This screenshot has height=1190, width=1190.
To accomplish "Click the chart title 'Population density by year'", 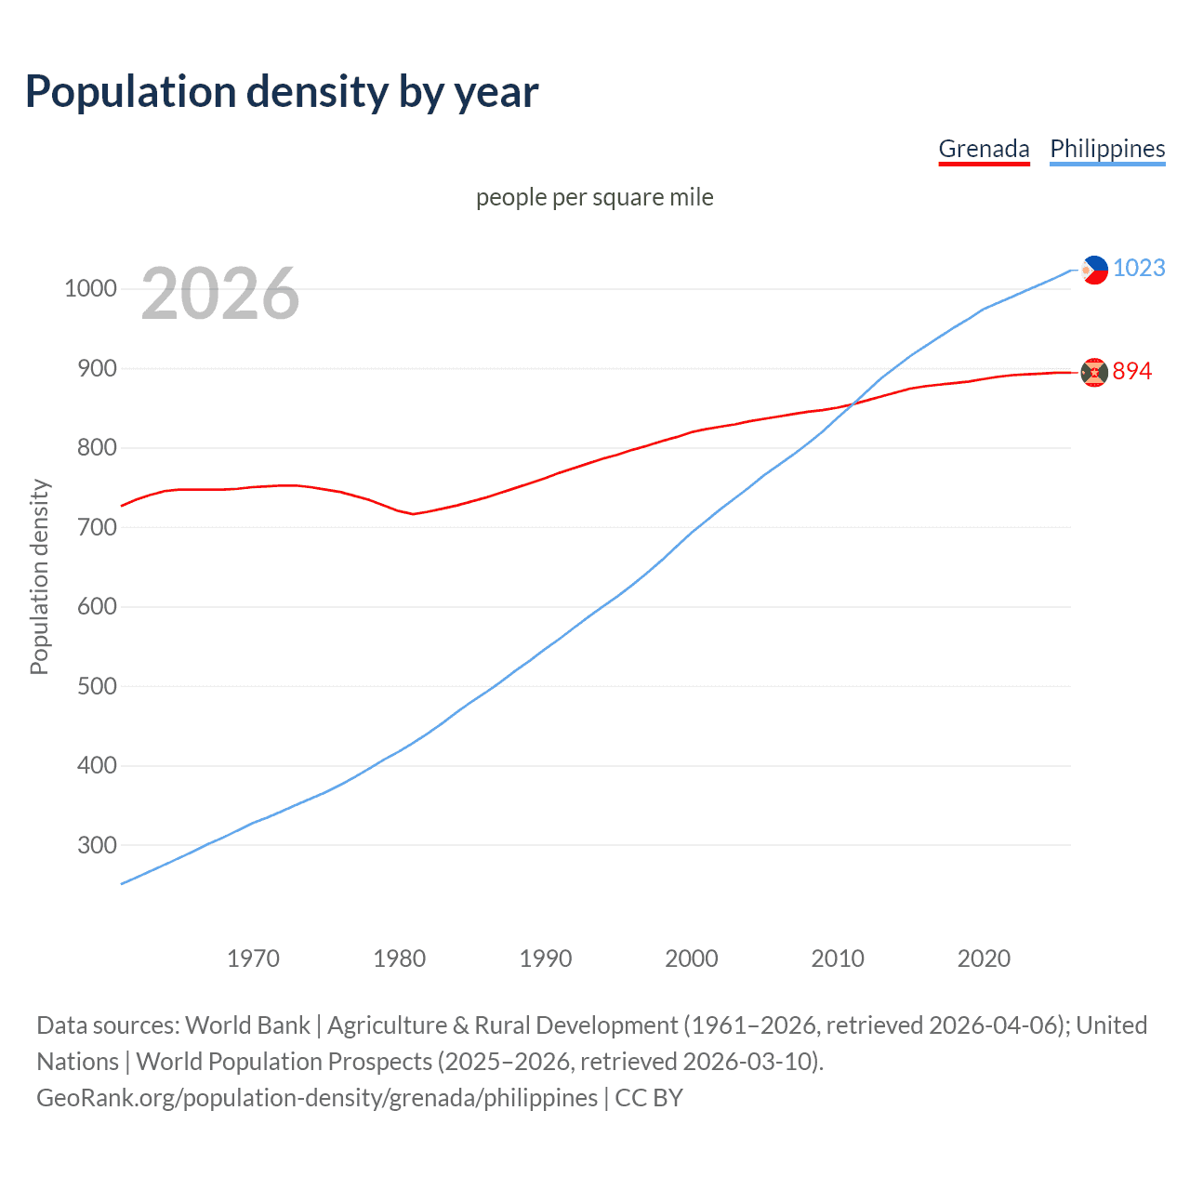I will [282, 92].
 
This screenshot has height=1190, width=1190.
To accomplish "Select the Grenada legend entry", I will [984, 149].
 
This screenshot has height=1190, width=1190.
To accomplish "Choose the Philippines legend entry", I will [1107, 149].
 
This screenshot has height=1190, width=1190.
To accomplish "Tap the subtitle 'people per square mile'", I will [594, 197].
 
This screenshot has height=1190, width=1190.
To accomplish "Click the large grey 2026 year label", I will [220, 294].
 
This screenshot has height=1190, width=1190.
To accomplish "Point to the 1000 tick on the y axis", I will [90, 288].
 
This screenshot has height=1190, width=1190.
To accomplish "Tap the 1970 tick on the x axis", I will [253, 958].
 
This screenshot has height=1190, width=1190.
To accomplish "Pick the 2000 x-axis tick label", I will [691, 958].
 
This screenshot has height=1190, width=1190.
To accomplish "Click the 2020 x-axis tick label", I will [984, 958].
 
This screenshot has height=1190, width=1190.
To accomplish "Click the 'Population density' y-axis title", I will [39, 576].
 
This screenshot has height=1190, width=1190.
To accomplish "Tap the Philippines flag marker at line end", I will [1095, 270].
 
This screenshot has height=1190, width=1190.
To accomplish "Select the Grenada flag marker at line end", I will [1094, 372].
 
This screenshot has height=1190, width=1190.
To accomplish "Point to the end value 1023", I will [1139, 268].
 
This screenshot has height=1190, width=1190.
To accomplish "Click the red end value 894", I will [1131, 371].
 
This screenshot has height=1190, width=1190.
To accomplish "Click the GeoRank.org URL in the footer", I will [317, 1097].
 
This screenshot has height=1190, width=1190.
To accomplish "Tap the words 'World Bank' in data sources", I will [247, 1025].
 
